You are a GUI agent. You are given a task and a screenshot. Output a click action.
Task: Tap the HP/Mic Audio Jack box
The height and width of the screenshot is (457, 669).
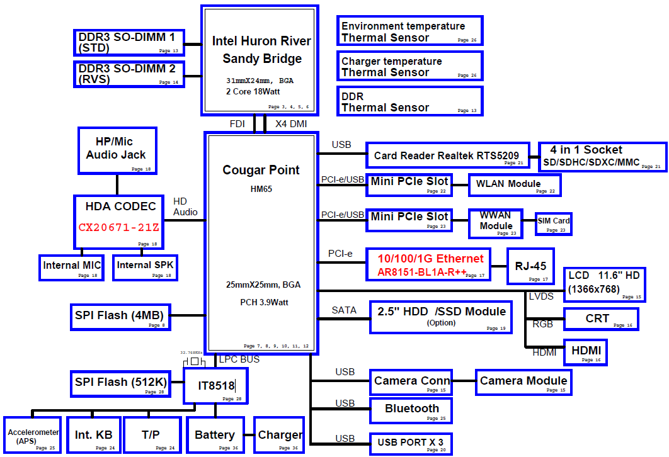pyautogui.click(x=117, y=150)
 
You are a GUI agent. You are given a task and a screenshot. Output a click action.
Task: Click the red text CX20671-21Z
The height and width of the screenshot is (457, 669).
pyautogui.click(x=119, y=227)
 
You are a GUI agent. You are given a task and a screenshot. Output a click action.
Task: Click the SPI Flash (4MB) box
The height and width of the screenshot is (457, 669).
pyautogui.click(x=119, y=316)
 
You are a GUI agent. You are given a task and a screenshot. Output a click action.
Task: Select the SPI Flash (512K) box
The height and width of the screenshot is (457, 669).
pyautogui.click(x=119, y=383)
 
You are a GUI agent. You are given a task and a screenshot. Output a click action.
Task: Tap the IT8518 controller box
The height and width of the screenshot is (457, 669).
pyautogui.click(x=215, y=386)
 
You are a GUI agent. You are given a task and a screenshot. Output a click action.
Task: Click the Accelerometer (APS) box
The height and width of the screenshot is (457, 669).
pyautogui.click(x=33, y=436)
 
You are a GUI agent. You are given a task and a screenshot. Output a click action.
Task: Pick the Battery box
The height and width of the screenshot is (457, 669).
pyautogui.click(x=215, y=436)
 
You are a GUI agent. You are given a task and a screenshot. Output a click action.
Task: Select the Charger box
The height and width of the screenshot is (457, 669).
pyautogui.click(x=280, y=436)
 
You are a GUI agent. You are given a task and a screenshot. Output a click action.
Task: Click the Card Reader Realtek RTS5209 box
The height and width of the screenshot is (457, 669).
pyautogui.click(x=447, y=155)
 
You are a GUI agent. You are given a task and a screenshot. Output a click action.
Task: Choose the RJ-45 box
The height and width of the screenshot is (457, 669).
pyautogui.click(x=531, y=267)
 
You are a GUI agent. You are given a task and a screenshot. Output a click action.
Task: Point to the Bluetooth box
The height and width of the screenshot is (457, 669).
pyautogui.click(x=411, y=410)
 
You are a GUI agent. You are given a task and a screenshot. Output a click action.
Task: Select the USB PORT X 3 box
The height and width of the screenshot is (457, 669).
pyautogui.click(x=411, y=443)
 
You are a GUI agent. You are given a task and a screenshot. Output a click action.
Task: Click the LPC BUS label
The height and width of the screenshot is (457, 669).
pyautogui.click(x=239, y=359)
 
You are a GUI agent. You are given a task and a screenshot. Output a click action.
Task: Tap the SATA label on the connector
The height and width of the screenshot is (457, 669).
pyautogui.click(x=344, y=310)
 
